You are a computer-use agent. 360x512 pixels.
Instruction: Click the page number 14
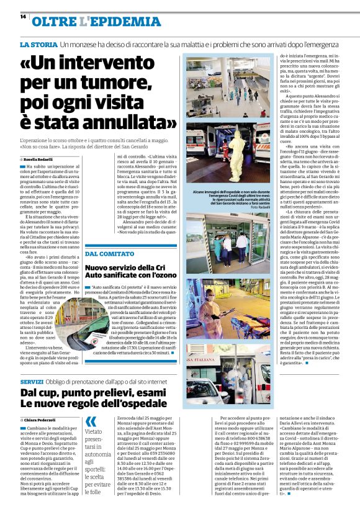pos(23,17)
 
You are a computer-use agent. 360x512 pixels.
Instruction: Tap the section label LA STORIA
pos(38,45)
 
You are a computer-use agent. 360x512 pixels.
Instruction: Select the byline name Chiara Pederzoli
pos(40,420)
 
